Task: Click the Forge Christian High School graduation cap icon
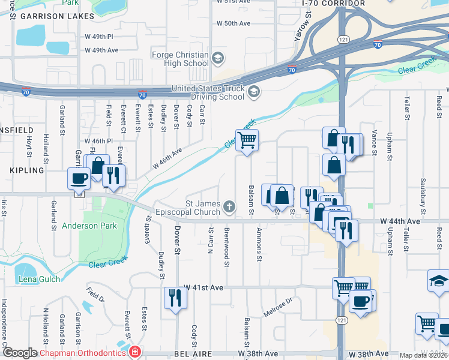217,58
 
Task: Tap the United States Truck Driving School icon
254,92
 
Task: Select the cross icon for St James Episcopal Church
229,208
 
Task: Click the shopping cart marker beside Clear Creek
247,142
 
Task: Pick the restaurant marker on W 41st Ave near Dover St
175,298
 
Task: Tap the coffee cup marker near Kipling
79,178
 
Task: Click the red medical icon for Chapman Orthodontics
136,352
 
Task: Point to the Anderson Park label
84,227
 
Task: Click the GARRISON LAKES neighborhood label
49,17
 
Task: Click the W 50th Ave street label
233,23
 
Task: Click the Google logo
19,353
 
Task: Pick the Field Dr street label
94,294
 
